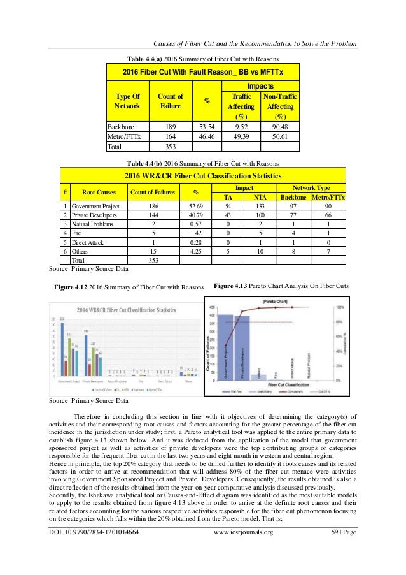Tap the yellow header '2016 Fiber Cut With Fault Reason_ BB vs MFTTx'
click(204, 72)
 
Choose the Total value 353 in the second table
click(153, 260)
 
